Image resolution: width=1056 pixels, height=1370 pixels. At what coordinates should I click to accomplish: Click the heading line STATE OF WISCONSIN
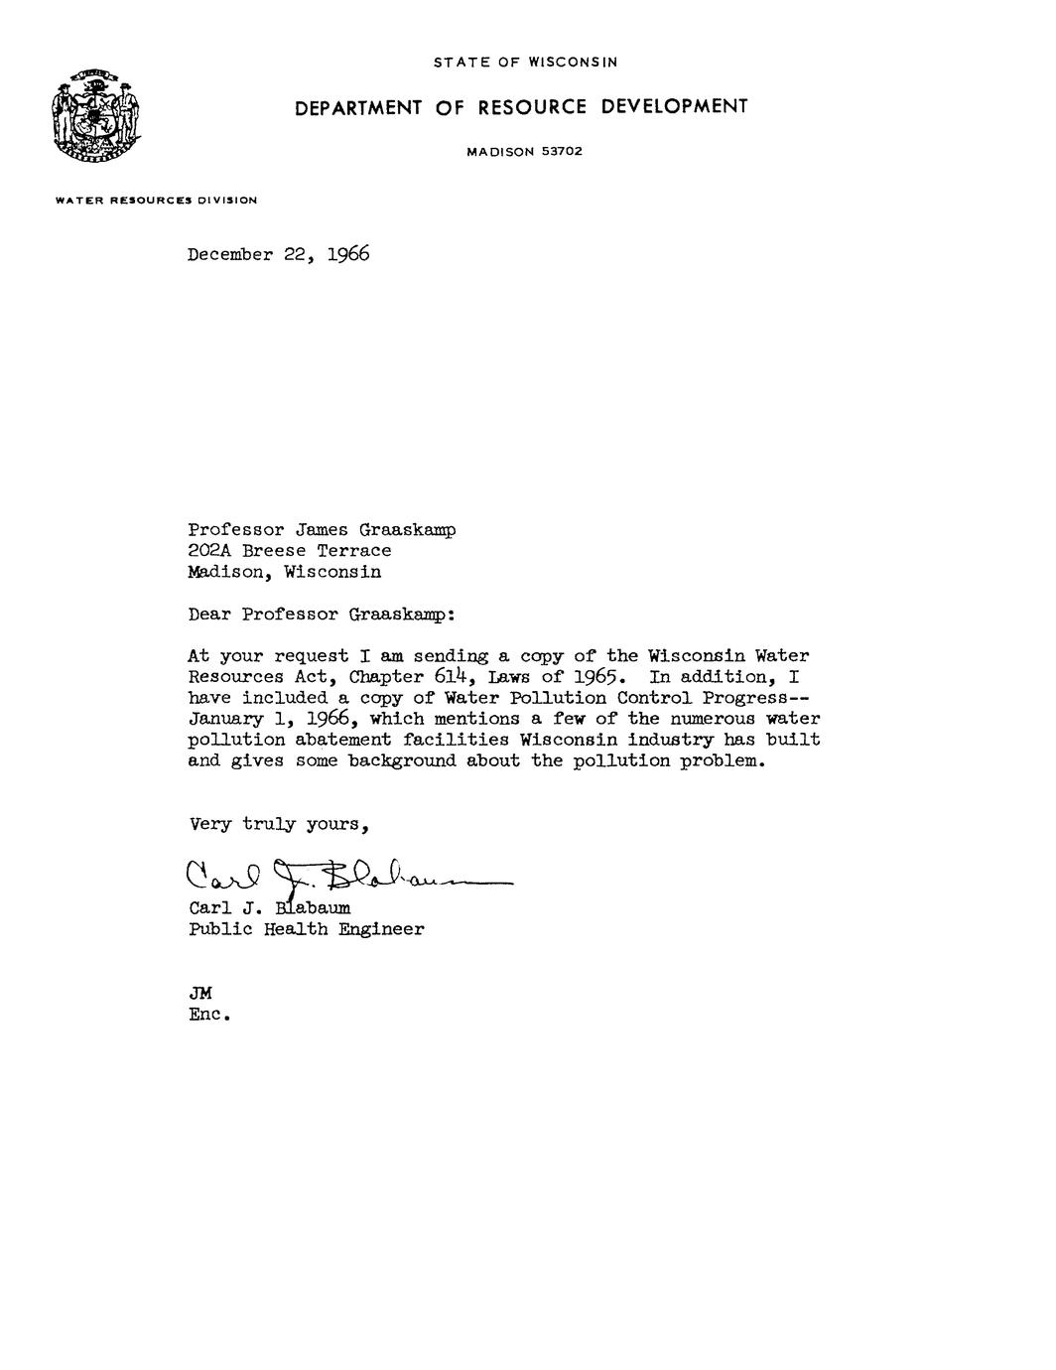[x=525, y=63]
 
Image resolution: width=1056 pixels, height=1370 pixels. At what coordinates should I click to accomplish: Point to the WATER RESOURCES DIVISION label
[x=157, y=201]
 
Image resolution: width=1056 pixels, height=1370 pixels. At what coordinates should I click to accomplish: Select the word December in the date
[x=230, y=255]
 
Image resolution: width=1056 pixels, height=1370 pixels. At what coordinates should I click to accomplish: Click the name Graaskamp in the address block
[x=407, y=531]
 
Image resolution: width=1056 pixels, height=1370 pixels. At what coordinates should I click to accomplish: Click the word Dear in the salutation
[x=209, y=615]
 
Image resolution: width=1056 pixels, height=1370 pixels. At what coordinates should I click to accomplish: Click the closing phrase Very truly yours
[x=279, y=825]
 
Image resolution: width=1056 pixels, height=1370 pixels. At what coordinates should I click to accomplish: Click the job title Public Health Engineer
[x=306, y=930]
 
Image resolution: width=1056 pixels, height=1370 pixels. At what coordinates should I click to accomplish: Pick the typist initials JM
[x=200, y=994]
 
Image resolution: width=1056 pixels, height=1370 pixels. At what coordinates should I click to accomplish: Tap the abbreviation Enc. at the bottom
[x=209, y=1016]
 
